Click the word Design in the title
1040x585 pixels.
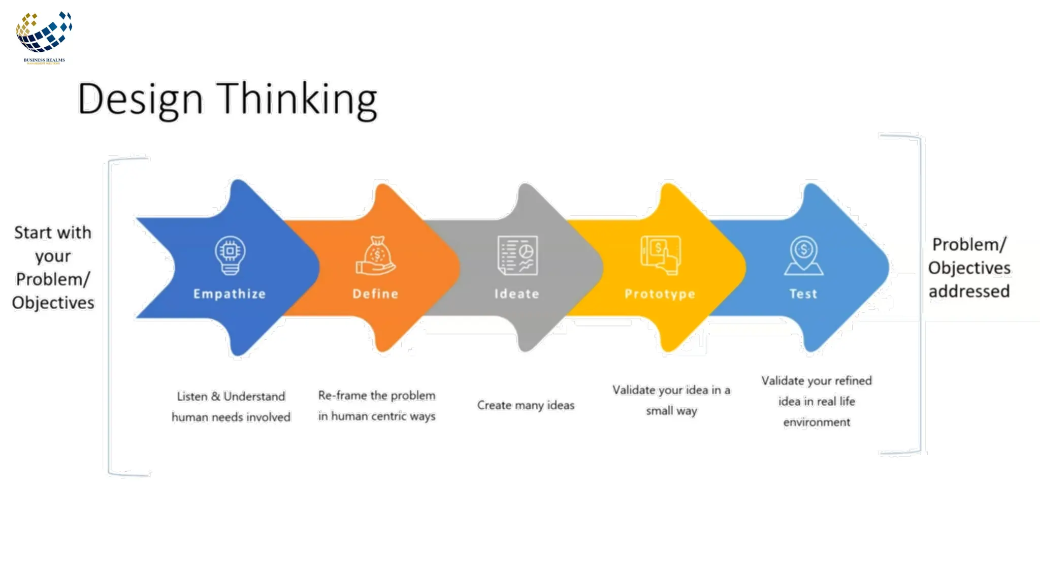coord(140,100)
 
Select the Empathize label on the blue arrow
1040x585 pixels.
coord(230,294)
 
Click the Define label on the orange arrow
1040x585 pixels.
coord(376,294)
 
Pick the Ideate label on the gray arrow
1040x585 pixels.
coord(517,294)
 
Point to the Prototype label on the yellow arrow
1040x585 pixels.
coord(660,294)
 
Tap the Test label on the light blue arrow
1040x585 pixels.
coord(803,294)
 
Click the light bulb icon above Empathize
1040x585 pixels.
coord(230,255)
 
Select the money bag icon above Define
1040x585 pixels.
coord(376,255)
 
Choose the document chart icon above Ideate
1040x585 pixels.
coord(517,255)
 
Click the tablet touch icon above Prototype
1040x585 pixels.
coord(660,255)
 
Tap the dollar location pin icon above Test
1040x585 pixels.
coord(803,255)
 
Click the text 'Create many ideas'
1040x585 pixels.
coord(526,405)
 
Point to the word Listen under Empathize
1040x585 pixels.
coord(192,397)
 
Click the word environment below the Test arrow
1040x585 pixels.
coord(817,422)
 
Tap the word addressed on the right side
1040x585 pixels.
coord(969,291)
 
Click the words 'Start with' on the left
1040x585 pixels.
coord(53,233)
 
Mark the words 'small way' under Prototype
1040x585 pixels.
coord(671,411)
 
